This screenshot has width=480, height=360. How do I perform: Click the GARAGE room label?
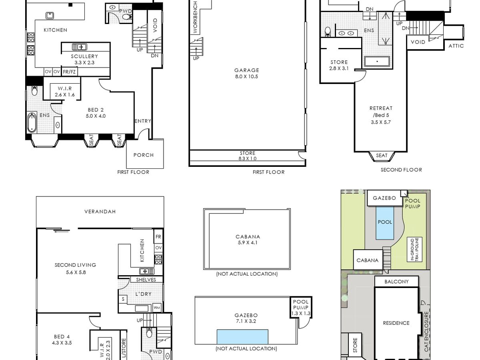(x=246, y=70)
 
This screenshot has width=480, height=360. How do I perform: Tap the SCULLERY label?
(x=84, y=56)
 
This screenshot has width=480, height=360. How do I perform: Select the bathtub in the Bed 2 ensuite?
(x=32, y=122)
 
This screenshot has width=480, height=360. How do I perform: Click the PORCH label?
(x=144, y=155)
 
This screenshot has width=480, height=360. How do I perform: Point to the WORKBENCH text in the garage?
(x=195, y=17)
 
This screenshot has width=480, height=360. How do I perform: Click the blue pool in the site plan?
(x=385, y=223)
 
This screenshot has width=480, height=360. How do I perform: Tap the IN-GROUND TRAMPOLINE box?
(x=414, y=249)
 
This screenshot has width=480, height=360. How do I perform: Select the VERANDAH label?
(x=100, y=211)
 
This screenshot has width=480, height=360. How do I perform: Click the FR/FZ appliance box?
(x=69, y=72)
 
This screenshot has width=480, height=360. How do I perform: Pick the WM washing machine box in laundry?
(x=157, y=308)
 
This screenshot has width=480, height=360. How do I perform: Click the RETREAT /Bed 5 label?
(x=381, y=112)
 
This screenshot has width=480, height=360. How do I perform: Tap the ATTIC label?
(x=456, y=46)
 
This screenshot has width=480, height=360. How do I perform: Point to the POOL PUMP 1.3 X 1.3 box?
(x=301, y=307)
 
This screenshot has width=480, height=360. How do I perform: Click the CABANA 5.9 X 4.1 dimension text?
(x=248, y=242)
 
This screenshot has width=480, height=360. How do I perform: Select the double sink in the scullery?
(x=79, y=47)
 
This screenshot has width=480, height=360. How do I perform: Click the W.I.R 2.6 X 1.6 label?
(x=65, y=92)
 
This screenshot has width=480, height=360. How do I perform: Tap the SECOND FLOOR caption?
(x=401, y=170)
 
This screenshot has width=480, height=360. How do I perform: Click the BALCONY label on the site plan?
(x=396, y=282)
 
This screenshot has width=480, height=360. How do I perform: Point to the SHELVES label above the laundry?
(x=146, y=280)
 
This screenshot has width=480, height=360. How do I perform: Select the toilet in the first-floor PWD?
(x=127, y=17)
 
